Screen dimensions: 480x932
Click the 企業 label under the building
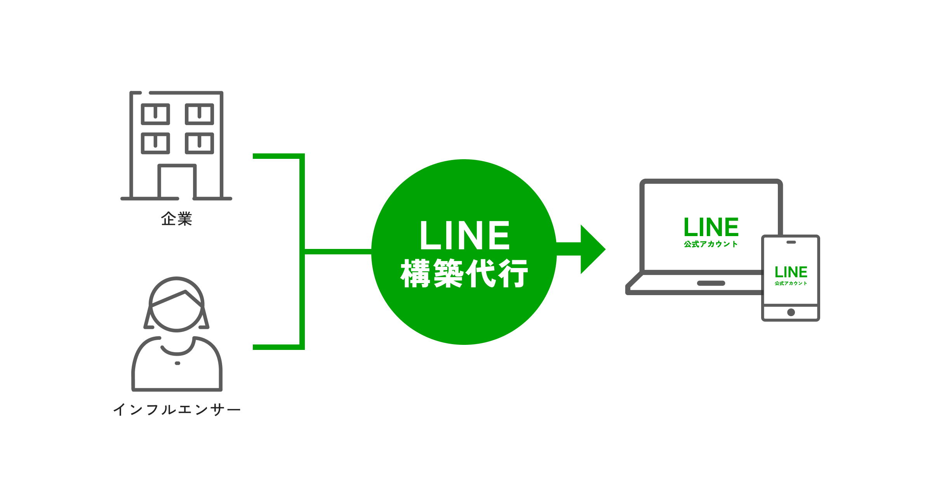coord(177,219)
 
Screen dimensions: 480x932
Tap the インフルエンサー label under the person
coord(177,410)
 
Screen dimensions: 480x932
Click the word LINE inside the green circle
coord(464,235)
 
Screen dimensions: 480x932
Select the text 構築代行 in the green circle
coord(464,273)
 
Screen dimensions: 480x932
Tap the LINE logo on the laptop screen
coord(711,227)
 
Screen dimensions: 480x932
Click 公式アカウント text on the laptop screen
coord(711,244)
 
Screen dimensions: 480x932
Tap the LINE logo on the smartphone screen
coord(791,272)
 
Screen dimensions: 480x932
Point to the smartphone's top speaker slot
coord(791,242)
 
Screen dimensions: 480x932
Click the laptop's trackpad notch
coord(711,283)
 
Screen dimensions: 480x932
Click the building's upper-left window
coord(155,114)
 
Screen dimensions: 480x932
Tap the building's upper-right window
coord(200,114)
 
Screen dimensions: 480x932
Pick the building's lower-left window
coord(155,143)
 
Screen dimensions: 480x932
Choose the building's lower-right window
coord(200,143)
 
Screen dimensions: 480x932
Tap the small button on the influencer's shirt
coord(177,363)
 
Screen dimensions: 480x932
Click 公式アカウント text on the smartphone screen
coord(791,283)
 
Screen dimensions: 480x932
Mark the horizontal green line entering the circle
coord(338,252)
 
